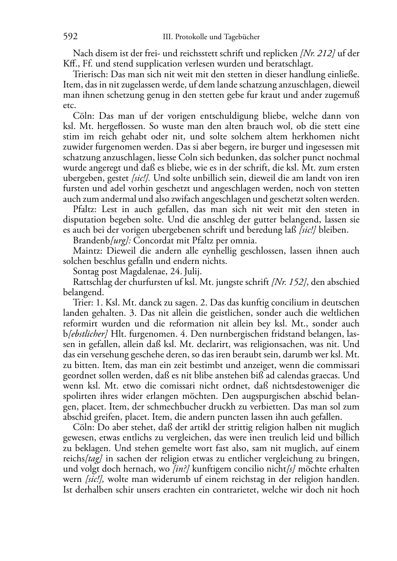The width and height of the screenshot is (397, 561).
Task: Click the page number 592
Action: pyautogui.click(x=70, y=37)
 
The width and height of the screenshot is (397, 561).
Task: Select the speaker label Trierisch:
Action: pyautogui.click(x=91, y=74)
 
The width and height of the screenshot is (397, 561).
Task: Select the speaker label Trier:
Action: pyautogui.click(x=82, y=303)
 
